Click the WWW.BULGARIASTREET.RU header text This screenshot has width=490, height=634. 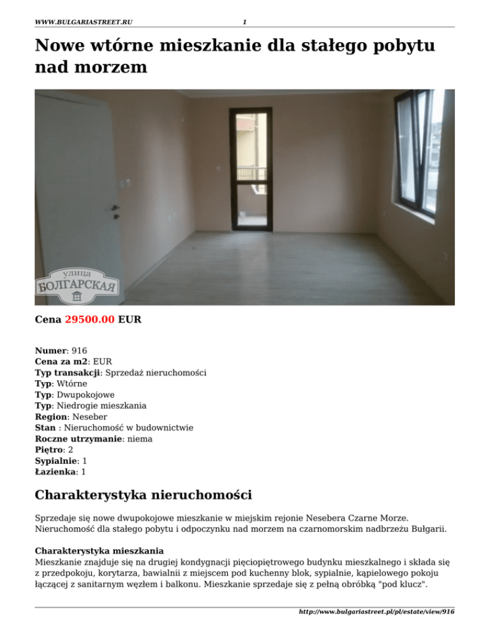point(84,22)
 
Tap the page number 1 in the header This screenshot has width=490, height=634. point(244,22)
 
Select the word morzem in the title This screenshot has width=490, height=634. point(110,68)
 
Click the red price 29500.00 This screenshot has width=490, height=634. point(90,320)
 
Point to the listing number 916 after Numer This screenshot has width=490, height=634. point(80,350)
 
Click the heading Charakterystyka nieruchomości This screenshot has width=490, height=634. point(143,494)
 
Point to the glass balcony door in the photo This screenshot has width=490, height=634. point(250,168)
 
